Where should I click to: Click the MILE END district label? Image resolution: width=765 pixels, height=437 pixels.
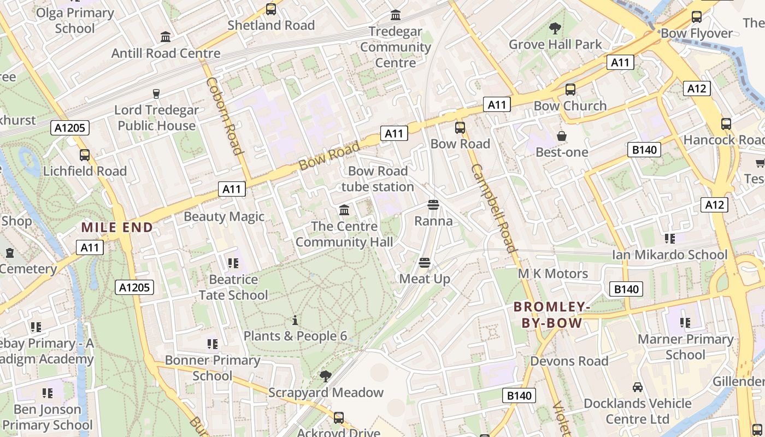click(117, 227)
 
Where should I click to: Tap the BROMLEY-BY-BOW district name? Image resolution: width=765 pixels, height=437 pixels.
click(552, 315)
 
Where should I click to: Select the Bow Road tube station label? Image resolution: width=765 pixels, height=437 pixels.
click(378, 179)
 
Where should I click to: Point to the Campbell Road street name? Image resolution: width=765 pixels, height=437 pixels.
click(494, 208)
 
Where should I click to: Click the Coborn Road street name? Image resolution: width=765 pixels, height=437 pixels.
click(224, 116)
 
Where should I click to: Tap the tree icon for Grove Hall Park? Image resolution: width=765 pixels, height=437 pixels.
click(555, 28)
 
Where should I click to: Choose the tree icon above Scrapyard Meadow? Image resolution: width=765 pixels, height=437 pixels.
click(326, 376)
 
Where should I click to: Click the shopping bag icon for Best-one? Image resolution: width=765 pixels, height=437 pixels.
click(561, 136)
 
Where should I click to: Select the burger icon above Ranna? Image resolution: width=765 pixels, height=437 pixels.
click(433, 205)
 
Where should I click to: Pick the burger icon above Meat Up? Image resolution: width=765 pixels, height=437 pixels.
click(424, 263)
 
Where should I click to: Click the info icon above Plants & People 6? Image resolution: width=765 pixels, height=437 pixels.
click(295, 320)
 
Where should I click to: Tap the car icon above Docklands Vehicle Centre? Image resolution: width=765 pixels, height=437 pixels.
click(637, 387)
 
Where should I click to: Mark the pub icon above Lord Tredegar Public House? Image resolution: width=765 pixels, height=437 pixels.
click(156, 94)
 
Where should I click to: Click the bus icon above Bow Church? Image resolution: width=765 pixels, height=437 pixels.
click(570, 90)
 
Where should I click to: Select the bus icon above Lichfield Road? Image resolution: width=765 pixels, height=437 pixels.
click(85, 155)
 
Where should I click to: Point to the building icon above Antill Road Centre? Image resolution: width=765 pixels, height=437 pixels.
click(166, 37)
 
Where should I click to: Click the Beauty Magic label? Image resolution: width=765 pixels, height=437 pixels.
click(224, 216)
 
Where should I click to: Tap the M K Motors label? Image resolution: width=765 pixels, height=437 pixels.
click(553, 273)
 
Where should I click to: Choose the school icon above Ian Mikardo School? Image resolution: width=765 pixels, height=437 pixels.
click(670, 238)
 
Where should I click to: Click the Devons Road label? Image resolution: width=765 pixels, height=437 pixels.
click(569, 361)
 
